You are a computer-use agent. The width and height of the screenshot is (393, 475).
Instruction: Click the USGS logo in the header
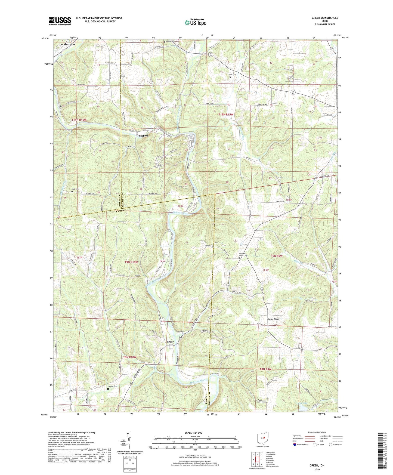pos(60,21)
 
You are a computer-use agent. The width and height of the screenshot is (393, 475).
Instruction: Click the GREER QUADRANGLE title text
pos(325,18)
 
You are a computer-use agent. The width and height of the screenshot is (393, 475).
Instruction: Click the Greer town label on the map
pos(170,342)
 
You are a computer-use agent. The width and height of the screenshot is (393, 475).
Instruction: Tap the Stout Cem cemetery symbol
pos(230,77)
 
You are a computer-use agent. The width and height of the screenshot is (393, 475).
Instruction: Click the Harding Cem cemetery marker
pos(108,389)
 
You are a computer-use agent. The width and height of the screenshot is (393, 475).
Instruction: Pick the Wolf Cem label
pos(75,189)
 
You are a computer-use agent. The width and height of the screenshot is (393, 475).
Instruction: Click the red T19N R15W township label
pos(226,115)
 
